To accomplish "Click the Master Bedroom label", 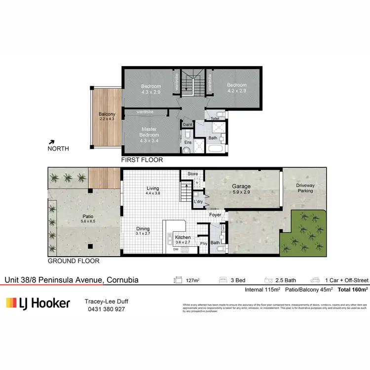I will click(149, 132).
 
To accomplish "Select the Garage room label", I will click(242, 186).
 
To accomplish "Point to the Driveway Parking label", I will click(304, 188).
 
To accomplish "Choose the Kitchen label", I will click(183, 237).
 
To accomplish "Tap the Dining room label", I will click(142, 229).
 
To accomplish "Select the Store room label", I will click(192, 174).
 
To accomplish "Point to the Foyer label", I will click(215, 215).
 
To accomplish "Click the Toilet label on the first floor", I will click(215, 119).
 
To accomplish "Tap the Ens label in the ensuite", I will click(187, 143).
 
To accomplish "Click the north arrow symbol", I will click(52, 141).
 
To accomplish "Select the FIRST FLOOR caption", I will click(142, 160).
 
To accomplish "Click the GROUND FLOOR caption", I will click(73, 261).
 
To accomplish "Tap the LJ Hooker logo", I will click(38, 303).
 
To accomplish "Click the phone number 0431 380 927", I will click(105, 309).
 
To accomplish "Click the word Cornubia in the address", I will click(122, 280).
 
